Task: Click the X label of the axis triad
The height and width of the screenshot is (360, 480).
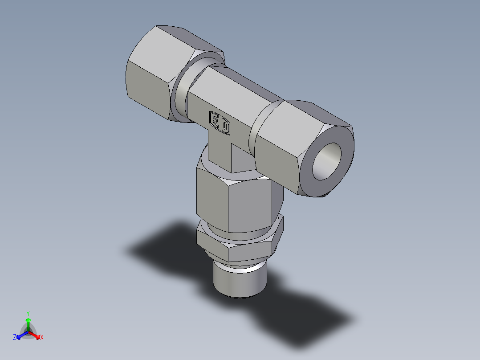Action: click(41, 337)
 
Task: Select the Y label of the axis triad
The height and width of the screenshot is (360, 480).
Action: click(28, 313)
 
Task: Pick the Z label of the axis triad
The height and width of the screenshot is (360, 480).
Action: click(15, 337)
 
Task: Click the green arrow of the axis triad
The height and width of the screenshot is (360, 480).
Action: click(28, 322)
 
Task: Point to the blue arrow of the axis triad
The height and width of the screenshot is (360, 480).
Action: click(20, 335)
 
